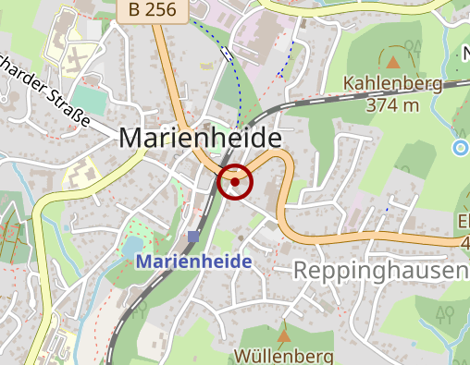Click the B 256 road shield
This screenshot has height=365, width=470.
point(154,10)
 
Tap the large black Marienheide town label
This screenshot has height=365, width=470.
point(200,138)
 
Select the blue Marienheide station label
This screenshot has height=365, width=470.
point(194,262)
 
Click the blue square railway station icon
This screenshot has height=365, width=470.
point(193,237)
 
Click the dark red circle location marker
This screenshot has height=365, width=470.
point(235,182)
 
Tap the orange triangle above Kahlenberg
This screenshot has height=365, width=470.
point(393,62)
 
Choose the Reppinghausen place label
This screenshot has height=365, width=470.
point(379,270)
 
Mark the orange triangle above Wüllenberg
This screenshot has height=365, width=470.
point(283,335)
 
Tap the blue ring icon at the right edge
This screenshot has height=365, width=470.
point(461,147)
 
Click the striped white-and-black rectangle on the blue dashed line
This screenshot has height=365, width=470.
point(227,55)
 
